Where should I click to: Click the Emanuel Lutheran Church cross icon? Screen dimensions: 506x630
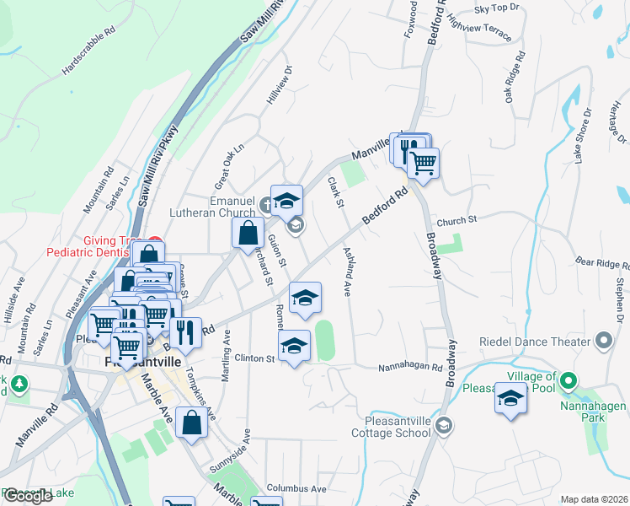coord(265,202)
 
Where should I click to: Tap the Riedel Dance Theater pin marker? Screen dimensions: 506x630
coord(603,342)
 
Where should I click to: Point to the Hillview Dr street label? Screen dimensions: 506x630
coord(279,85)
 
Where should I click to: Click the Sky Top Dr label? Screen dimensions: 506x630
coord(494,8)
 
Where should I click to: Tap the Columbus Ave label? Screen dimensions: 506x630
coord(296,488)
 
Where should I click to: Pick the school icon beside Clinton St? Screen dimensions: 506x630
coord(293,346)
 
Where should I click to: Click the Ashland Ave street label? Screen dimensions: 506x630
coord(346,270)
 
